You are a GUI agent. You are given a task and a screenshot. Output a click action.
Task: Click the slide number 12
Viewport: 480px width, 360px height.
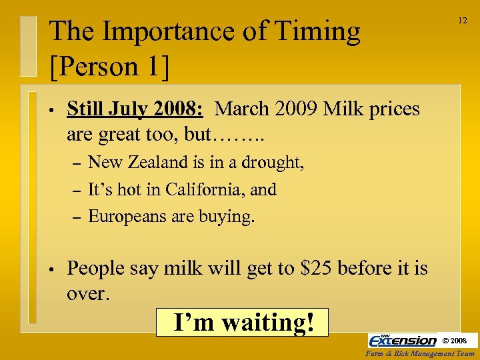point(462,21)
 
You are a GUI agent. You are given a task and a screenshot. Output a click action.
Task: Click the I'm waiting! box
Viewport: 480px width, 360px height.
point(243,322)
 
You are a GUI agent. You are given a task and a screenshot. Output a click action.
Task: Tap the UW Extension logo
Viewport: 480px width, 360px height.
point(402,340)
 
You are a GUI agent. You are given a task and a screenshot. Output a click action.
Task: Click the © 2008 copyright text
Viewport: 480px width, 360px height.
point(458,341)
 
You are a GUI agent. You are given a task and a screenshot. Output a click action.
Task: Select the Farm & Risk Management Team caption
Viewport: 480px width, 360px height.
point(421,353)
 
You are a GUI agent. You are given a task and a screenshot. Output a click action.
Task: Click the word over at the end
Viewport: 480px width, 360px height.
point(87,293)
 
